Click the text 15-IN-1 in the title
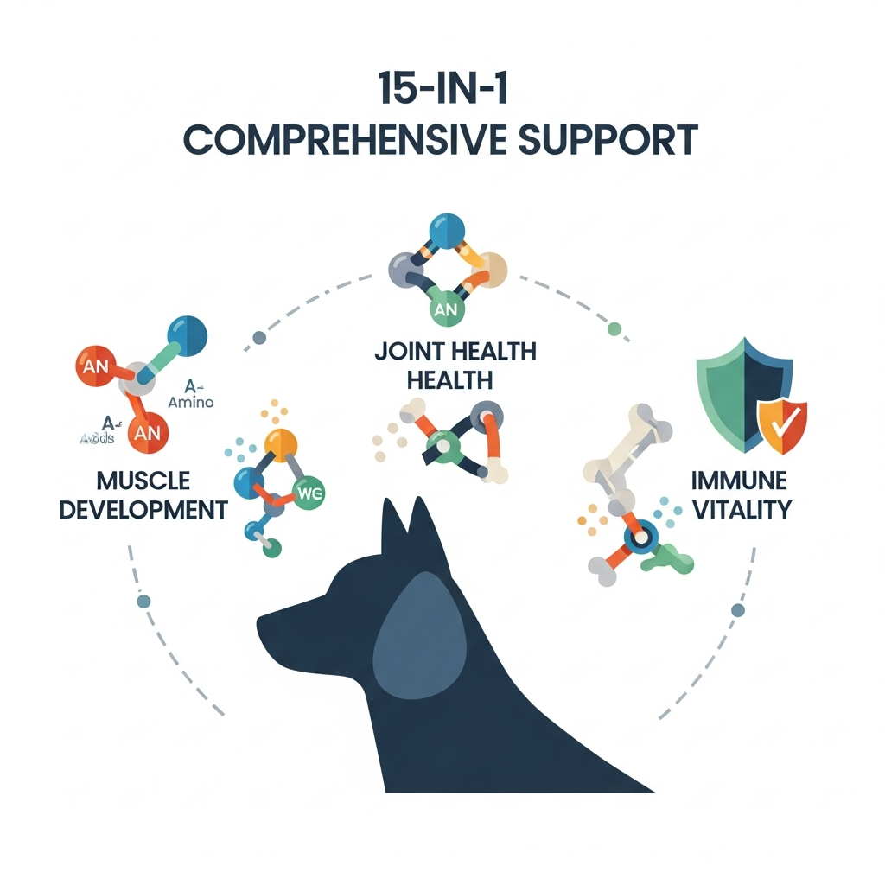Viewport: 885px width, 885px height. click(x=442, y=89)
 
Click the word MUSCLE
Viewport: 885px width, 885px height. click(x=143, y=481)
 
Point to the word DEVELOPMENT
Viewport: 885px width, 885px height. click(x=143, y=509)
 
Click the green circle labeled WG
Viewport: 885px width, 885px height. click(x=308, y=494)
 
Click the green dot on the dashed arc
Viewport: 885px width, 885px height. click(x=614, y=328)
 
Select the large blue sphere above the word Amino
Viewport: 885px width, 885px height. click(x=186, y=335)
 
